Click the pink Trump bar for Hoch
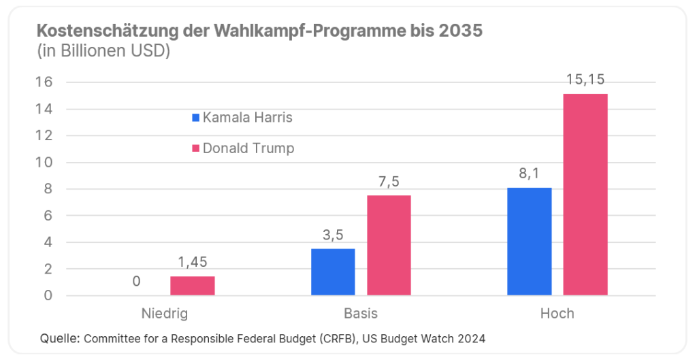[585, 195]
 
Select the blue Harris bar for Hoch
[530, 242]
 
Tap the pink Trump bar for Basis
[389, 246]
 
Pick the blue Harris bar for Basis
[333, 272]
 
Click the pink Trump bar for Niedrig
[193, 286]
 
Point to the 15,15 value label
[585, 80]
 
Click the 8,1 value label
[530, 174]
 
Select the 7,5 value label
[389, 182]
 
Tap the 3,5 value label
[333, 235]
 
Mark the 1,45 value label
[193, 263]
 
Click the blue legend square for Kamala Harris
[196, 118]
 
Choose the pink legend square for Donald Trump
[196, 148]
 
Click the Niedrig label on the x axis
[164, 314]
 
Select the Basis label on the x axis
[361, 314]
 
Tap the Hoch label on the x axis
[557, 314]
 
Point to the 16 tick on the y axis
[47, 82]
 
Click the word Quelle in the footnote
[60, 338]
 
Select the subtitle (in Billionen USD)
[102, 51]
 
